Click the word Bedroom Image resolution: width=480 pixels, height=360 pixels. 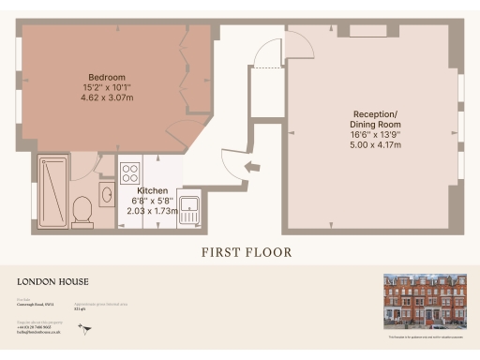[108, 76]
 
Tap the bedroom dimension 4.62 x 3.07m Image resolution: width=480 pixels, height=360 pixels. [108, 97]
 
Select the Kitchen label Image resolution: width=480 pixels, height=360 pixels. [153, 189]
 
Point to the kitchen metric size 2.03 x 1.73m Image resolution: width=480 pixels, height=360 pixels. [153, 211]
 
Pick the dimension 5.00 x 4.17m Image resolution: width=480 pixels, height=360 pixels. [375, 145]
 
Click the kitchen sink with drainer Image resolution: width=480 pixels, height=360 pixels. [190, 210]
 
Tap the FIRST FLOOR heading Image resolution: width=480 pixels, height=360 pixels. [247, 252]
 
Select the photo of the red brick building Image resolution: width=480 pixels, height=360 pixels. [425, 301]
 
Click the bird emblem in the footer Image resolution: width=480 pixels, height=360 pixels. [86, 329]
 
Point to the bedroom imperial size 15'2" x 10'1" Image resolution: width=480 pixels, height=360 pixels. [108, 86]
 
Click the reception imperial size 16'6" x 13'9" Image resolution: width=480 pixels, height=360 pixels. [375, 135]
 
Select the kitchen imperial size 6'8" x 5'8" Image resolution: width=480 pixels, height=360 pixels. [153, 201]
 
